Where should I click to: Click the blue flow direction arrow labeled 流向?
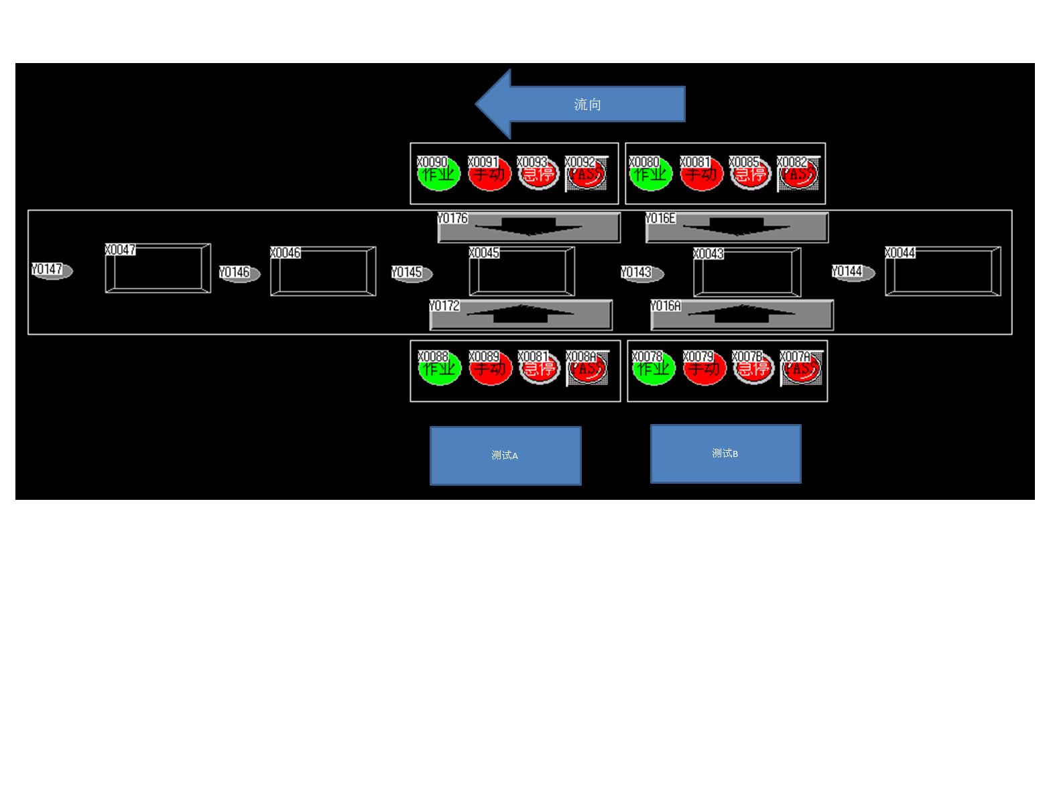coord(580,104)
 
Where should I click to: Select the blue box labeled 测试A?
coord(505,456)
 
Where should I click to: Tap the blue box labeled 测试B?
coord(725,454)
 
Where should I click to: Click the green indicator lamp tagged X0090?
coord(439,175)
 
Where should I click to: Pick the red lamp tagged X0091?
coord(489,175)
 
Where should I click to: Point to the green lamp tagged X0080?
coord(651,175)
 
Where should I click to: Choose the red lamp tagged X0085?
coord(751,175)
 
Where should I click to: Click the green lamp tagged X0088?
coord(440,369)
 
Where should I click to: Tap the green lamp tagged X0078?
coord(654,369)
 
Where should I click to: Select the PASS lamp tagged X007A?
coord(802,369)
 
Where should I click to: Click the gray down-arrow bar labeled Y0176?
coord(529,227)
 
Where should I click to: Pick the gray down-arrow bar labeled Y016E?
coord(737,227)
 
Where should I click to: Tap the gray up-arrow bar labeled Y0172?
coord(521,315)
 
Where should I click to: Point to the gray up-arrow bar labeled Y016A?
coord(742,315)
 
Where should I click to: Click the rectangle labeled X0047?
coord(158,269)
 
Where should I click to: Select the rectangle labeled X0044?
coord(943,272)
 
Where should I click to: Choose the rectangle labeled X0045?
coord(522,272)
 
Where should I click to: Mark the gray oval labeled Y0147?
coord(52,271)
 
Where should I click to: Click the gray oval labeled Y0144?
coord(853,273)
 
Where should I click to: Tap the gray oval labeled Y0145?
coord(412,274)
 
